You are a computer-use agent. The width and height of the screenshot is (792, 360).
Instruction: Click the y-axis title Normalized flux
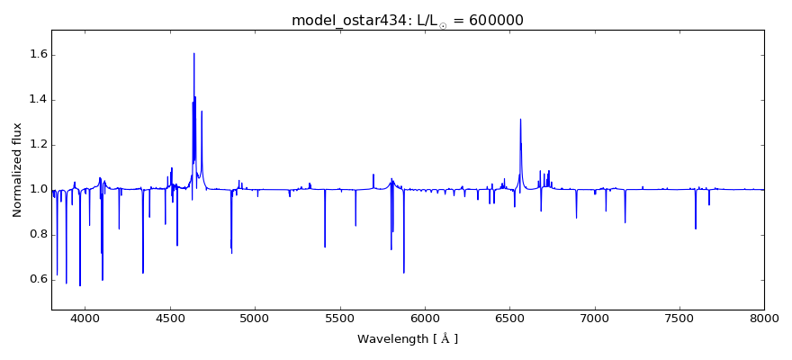(x=18, y=171)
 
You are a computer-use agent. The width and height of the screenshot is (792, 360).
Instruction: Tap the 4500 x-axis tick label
(x=170, y=318)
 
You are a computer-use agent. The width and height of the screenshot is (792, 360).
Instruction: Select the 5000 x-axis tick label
(x=255, y=318)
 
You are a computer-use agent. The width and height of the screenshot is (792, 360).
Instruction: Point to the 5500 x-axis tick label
(x=339, y=318)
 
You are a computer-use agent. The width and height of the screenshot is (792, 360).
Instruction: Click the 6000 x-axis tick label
(x=425, y=318)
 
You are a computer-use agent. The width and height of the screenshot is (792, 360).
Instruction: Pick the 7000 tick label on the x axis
(x=595, y=318)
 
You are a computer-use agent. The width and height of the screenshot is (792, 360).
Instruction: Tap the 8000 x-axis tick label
(x=764, y=318)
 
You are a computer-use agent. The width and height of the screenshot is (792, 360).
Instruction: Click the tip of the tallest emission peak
(x=193, y=53)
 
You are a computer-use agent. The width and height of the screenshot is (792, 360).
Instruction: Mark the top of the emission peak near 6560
(x=520, y=119)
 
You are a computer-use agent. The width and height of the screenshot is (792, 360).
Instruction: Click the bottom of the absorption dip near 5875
(x=403, y=273)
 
